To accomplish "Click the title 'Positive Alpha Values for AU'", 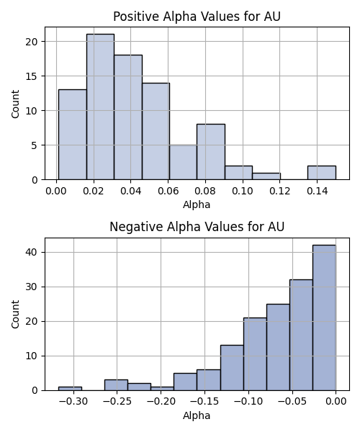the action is (x=197, y=17).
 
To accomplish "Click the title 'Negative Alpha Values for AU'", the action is (x=197, y=227).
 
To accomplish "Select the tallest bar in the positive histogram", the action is (x=100, y=107).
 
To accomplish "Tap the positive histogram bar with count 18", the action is (x=128, y=117).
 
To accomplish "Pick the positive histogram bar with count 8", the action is (x=211, y=152).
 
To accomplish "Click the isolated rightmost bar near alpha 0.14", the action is (x=322, y=173).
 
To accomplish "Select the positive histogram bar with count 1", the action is (x=266, y=176).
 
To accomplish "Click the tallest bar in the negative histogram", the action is (x=324, y=318).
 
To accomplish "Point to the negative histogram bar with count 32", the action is (x=301, y=335).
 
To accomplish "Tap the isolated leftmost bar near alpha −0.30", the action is (x=70, y=389).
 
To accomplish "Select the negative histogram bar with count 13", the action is (x=232, y=368).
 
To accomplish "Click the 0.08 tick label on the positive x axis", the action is (x=205, y=191).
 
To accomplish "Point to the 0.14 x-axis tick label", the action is (x=317, y=191).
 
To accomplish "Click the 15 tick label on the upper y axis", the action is (x=32, y=76).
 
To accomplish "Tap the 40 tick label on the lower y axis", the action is (x=32, y=253).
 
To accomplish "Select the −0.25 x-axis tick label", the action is (x=117, y=402).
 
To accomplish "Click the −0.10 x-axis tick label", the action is (x=248, y=402).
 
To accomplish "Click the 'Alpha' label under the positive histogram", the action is (x=197, y=204).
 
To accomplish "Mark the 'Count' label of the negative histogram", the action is (x=15, y=314).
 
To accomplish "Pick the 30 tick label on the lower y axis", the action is (x=32, y=287).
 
